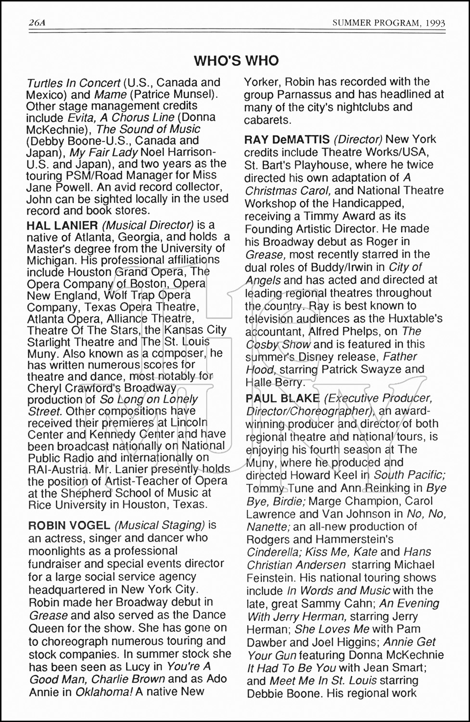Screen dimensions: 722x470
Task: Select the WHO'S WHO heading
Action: (236, 61)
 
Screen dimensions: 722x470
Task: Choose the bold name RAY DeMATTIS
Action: (287, 140)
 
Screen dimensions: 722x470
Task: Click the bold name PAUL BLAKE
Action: (282, 398)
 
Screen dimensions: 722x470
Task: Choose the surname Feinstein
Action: (269, 578)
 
